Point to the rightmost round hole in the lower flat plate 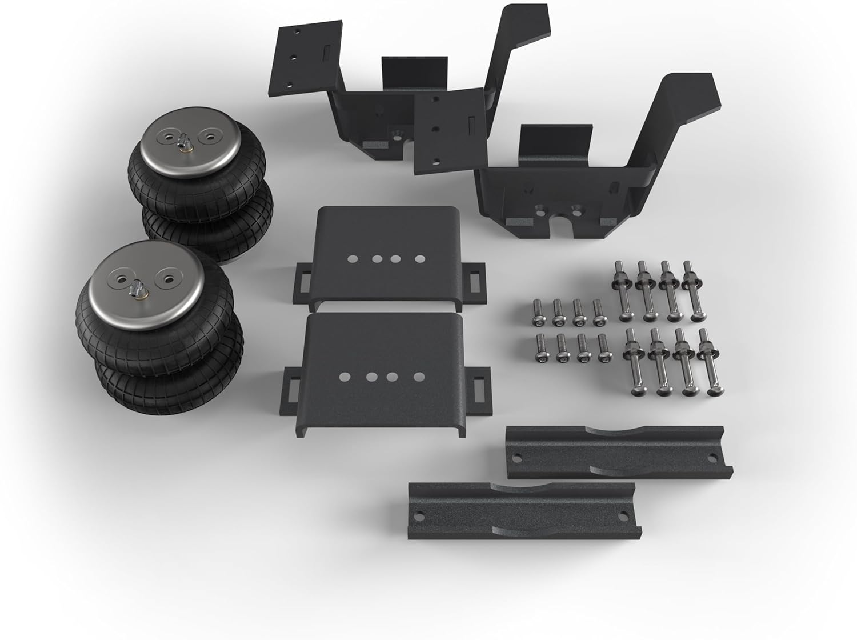pyautogui.click(x=419, y=377)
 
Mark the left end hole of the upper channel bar pyautogui.click(x=517, y=457)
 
